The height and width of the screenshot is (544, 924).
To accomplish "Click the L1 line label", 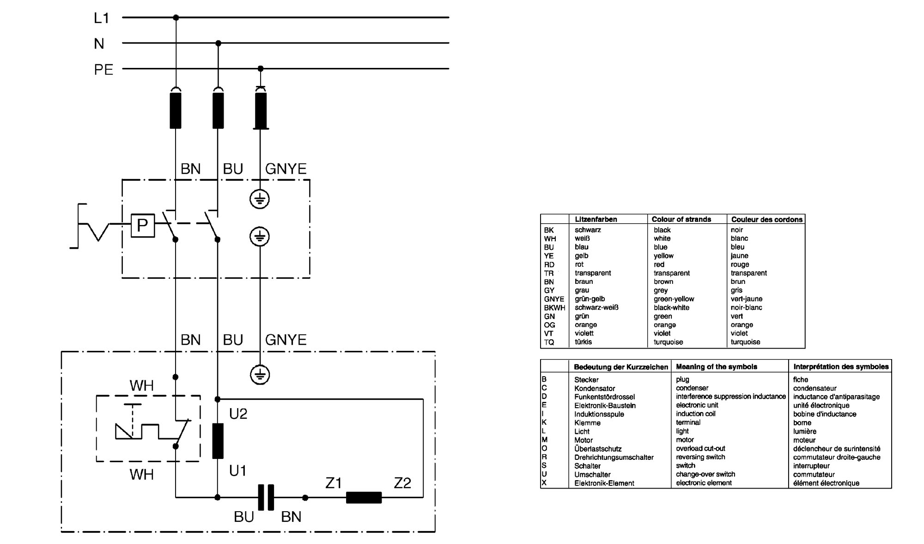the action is click(101, 18).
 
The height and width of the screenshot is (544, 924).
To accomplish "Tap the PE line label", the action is click(103, 69).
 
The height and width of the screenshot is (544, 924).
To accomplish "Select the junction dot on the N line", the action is click(219, 43).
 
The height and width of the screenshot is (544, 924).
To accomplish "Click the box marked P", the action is click(143, 226).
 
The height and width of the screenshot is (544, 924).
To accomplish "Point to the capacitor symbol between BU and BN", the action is click(266, 497).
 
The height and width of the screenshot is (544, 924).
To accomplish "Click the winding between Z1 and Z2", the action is click(364, 497).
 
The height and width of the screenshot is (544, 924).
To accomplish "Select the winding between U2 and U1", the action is click(218, 441).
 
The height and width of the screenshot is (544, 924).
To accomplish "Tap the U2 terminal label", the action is click(238, 414).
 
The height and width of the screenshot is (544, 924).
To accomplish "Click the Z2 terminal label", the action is click(402, 483).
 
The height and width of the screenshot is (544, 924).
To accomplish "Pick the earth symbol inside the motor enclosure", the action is click(260, 374).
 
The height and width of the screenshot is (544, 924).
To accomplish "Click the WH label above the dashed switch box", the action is click(141, 385).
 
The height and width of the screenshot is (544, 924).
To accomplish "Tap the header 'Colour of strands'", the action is click(681, 219).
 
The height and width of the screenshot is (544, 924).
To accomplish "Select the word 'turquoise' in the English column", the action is click(668, 342).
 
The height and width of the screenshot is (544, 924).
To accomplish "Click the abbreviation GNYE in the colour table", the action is click(554, 299).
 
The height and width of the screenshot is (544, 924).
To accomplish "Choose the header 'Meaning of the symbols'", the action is click(717, 367).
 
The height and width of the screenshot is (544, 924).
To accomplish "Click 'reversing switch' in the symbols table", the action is click(700, 457).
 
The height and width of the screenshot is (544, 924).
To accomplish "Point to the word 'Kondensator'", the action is click(595, 388).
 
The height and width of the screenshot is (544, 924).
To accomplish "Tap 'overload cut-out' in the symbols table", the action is click(700, 448).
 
